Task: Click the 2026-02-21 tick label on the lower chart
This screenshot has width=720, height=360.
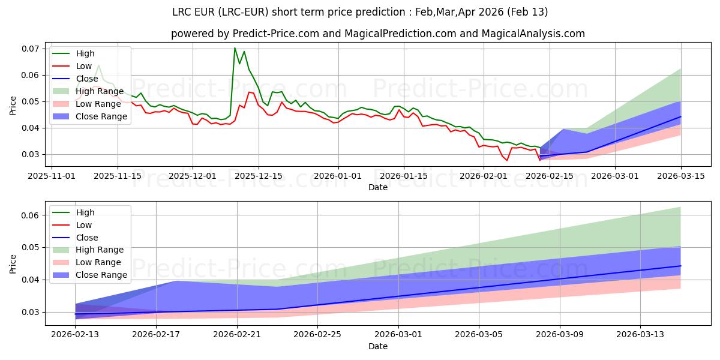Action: click(237, 335)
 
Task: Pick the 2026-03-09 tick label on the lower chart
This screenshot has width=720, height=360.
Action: click(560, 335)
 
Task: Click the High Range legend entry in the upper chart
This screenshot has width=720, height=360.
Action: click(99, 91)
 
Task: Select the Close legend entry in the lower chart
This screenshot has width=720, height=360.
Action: click(88, 238)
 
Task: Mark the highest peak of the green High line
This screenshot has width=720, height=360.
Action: click(235, 48)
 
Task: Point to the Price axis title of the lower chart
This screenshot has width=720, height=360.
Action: click(13, 263)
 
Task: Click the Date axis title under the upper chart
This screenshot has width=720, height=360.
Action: click(378, 187)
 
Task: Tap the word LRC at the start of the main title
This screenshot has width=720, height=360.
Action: click(183, 12)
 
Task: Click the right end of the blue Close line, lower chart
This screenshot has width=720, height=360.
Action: click(680, 266)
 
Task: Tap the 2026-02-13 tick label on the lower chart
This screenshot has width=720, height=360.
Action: click(76, 335)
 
